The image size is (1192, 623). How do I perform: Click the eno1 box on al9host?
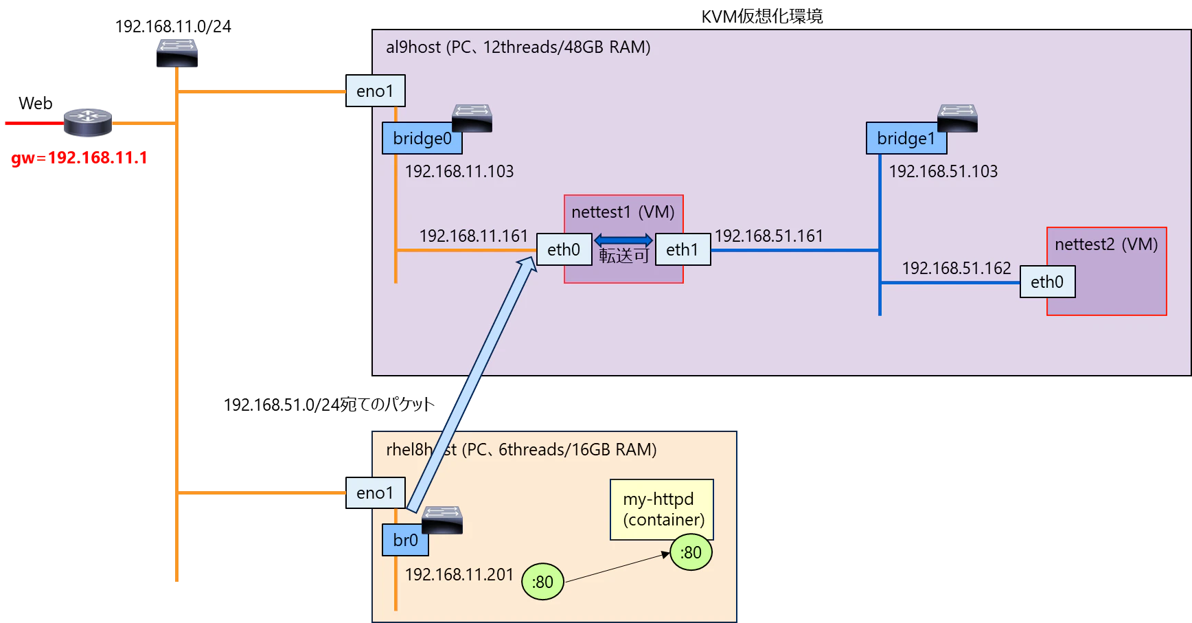[x=375, y=91]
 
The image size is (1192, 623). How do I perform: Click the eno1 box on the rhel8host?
[x=375, y=492]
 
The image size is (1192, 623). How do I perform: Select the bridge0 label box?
[x=422, y=138]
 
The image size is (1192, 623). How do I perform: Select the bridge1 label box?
[x=906, y=138]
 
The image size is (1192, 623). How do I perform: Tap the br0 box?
[x=405, y=540]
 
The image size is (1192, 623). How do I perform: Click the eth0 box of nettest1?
[x=564, y=249]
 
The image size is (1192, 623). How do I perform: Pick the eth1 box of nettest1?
[x=683, y=249]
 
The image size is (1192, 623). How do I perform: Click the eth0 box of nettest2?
[x=1047, y=282]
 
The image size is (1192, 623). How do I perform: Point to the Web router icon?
[x=88, y=122]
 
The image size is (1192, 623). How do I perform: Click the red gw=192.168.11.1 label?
[x=80, y=158]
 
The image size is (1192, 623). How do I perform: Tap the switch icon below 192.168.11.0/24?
[x=177, y=53]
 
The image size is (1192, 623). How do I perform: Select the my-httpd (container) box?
[x=662, y=509]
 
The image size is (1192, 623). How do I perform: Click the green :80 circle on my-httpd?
[x=691, y=552]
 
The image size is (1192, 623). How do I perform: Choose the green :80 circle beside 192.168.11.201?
[x=542, y=582]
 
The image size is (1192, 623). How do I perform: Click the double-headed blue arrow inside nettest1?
[x=623, y=240]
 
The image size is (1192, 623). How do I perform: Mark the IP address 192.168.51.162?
[x=956, y=268]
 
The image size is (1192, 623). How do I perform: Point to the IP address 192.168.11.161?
[x=474, y=236]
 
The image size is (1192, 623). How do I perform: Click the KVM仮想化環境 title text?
[x=762, y=16]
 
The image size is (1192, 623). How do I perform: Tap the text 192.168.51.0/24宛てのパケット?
[x=329, y=405]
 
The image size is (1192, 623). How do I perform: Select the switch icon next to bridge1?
[x=957, y=118]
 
